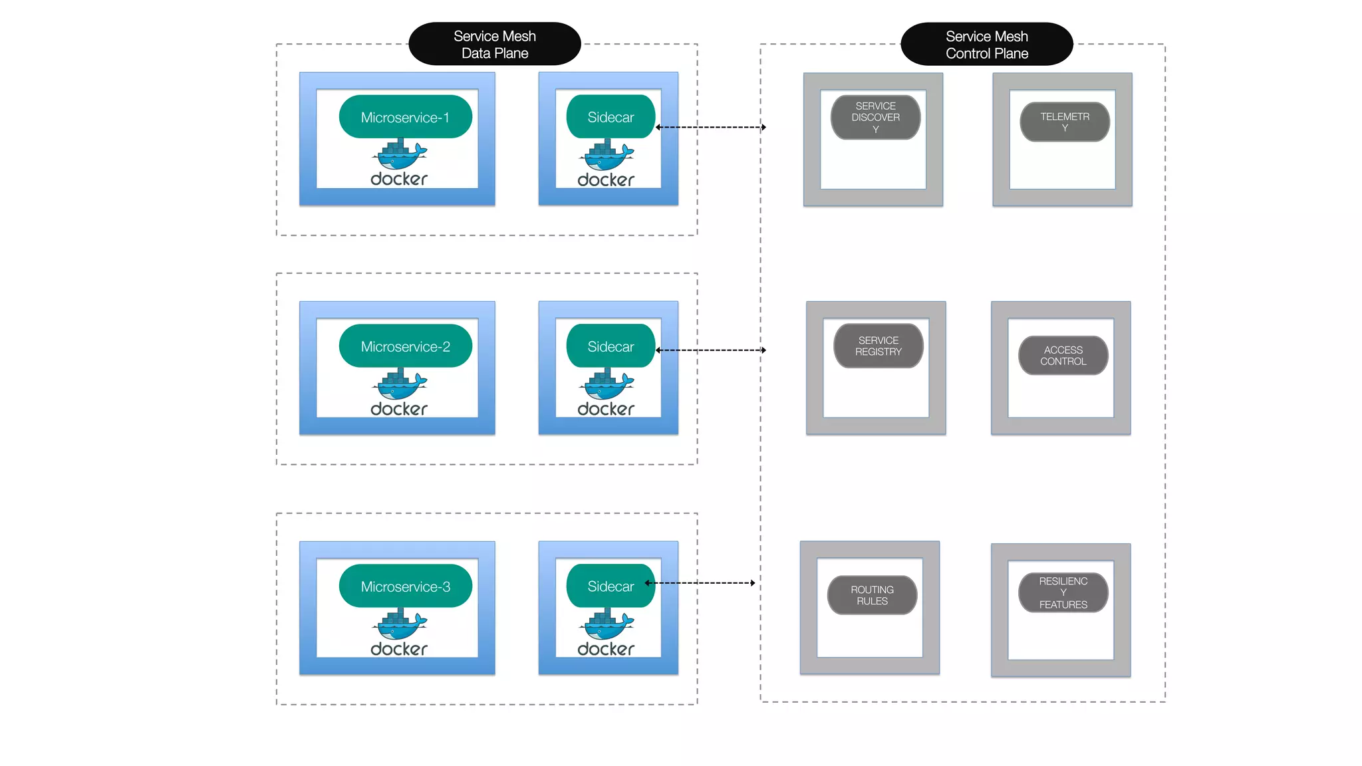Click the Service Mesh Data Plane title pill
pyautogui.click(x=494, y=44)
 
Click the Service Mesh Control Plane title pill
pyautogui.click(x=986, y=44)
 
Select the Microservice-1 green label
pyautogui.click(x=405, y=117)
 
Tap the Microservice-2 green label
pyautogui.click(x=405, y=346)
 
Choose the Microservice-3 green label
pyautogui.click(x=405, y=586)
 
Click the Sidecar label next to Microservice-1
pyautogui.click(x=610, y=117)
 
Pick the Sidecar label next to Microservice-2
pyautogui.click(x=610, y=346)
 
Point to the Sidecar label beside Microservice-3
pyautogui.click(x=610, y=586)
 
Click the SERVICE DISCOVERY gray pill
pyautogui.click(x=875, y=117)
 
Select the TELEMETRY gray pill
pyautogui.click(x=1064, y=122)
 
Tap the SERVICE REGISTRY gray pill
pyautogui.click(x=878, y=346)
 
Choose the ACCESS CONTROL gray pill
pyautogui.click(x=1063, y=355)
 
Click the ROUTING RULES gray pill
pyautogui.click(x=872, y=595)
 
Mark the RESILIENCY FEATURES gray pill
pyautogui.click(x=1063, y=592)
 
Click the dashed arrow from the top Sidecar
pyautogui.click(x=710, y=127)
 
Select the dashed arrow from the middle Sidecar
pyautogui.click(x=710, y=350)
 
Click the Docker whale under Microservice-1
pyautogui.click(x=400, y=156)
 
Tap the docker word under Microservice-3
pyautogui.click(x=399, y=649)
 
